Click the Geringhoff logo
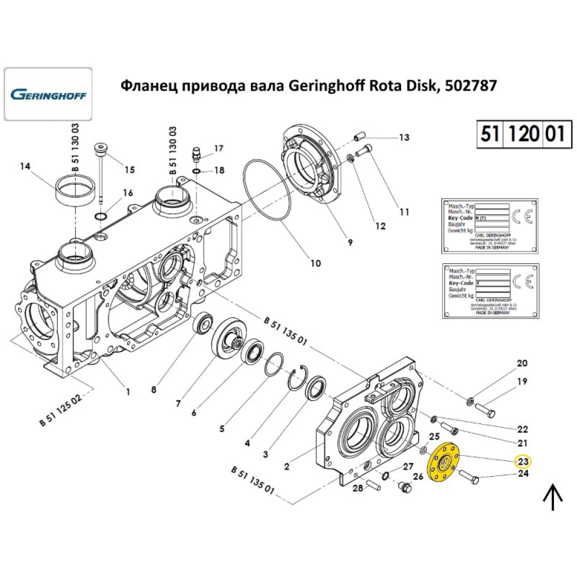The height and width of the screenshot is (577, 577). click(48, 93)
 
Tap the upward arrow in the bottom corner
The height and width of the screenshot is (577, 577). click(554, 496)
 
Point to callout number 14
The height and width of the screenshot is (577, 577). click(24, 167)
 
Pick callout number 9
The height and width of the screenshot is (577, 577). click(350, 243)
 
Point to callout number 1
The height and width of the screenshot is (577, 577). click(128, 392)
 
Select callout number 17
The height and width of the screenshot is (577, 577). click(219, 148)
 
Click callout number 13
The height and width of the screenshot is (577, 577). click(404, 137)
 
